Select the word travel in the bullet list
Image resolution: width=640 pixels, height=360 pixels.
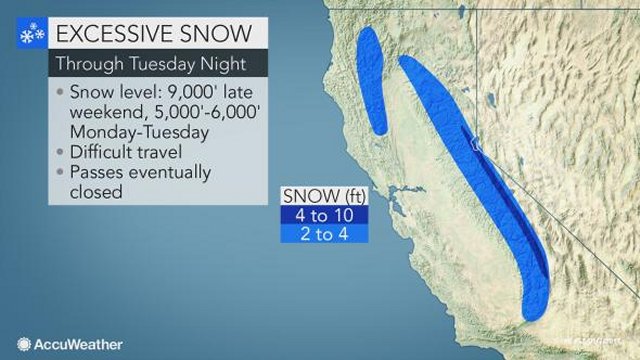tap(167, 152)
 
